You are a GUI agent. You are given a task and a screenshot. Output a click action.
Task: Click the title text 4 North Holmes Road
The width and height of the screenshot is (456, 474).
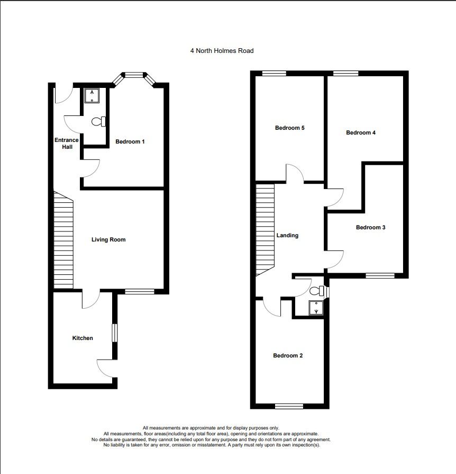point(222,51)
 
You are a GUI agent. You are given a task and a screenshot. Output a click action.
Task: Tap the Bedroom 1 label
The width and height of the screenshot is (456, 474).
point(130,141)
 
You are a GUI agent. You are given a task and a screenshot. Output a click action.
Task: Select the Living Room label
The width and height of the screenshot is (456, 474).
point(108,240)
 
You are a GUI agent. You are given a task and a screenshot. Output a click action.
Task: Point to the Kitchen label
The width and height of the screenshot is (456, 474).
point(83,338)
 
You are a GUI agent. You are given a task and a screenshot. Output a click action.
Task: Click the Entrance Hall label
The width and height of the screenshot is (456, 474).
point(66,144)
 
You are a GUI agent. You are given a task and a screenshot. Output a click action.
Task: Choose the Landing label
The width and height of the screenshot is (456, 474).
point(287,236)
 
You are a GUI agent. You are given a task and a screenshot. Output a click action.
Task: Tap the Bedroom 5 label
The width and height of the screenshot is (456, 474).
point(289,128)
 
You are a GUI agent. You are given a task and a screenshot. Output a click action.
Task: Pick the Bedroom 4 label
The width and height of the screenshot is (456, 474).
point(361,132)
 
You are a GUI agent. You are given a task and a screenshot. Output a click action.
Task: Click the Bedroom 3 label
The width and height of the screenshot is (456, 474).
point(370,227)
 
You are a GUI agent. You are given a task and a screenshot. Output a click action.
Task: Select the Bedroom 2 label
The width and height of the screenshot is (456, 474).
point(288,355)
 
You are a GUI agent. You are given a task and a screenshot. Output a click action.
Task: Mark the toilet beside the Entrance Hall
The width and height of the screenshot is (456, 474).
point(98,122)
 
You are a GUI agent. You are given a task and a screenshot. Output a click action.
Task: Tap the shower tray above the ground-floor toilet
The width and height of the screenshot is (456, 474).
point(94,95)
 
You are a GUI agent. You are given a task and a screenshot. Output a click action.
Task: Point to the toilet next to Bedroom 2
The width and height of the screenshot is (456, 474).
point(317,291)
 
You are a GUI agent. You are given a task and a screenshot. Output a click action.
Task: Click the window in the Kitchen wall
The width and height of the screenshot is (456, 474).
point(114,334)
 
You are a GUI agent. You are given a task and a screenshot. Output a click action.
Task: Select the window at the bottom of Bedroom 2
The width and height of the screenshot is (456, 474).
point(289,406)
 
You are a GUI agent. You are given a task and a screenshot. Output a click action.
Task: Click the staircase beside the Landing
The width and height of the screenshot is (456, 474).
point(265,230)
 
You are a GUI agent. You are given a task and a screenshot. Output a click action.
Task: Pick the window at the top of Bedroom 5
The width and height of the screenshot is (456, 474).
point(274,74)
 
